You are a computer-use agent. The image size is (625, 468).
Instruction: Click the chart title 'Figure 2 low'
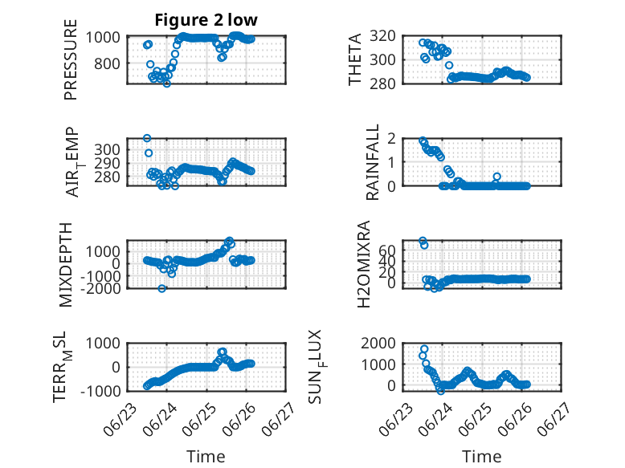coord(206,20)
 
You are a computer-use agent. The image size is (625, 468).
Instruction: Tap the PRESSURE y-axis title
coord(70,59)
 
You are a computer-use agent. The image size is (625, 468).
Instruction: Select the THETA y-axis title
coord(354,59)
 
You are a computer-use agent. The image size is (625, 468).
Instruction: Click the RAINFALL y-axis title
coord(372,162)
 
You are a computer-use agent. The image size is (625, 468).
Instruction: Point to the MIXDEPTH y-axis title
coord(66,265)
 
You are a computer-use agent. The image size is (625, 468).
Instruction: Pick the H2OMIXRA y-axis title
coord(364,264)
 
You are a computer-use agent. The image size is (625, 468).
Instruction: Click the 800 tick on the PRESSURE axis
coord(107,63)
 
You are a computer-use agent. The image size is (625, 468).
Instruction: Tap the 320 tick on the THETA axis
coord(382,36)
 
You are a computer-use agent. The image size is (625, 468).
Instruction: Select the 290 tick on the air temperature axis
coord(107,163)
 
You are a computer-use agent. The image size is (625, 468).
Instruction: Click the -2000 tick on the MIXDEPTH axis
coord(101,288)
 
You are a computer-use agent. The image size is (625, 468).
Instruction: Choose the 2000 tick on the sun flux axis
coord(378,343)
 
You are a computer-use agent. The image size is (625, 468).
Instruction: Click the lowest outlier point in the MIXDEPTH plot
coord(161,288)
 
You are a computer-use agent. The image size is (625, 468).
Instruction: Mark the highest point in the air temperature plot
coord(147,138)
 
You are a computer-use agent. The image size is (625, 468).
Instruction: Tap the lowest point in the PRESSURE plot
coord(167,83)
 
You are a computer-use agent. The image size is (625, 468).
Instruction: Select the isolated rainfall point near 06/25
coord(496,177)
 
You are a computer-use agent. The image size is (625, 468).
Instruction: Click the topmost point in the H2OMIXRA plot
coord(423,241)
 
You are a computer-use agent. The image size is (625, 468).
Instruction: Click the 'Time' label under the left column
coord(206,457)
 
